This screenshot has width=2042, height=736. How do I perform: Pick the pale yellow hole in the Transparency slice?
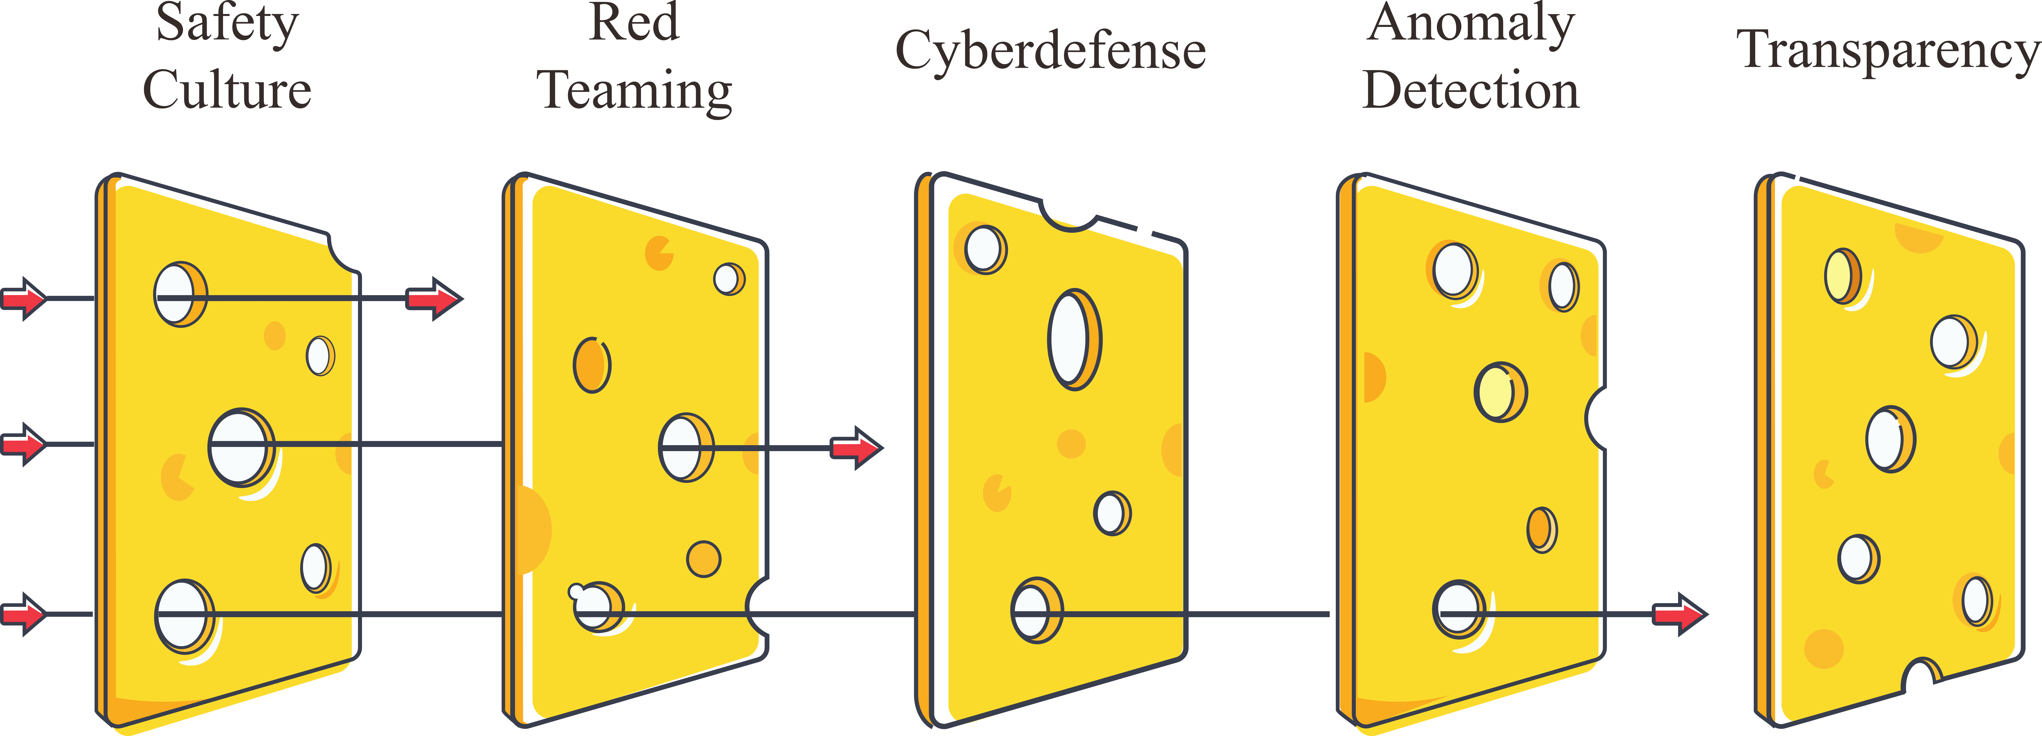point(1841,276)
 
